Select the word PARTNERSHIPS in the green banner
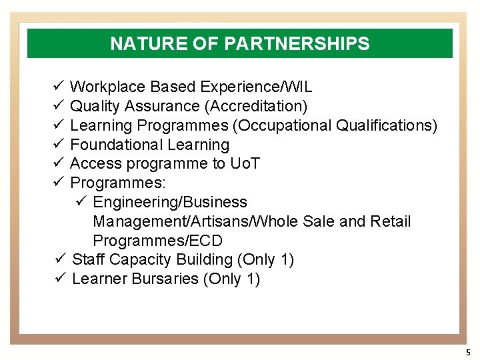[297, 44]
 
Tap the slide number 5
[468, 352]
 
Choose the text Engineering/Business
[170, 202]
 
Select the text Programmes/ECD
[158, 241]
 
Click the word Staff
[87, 259]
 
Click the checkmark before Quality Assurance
[58, 106]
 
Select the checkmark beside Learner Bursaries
[59, 279]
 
